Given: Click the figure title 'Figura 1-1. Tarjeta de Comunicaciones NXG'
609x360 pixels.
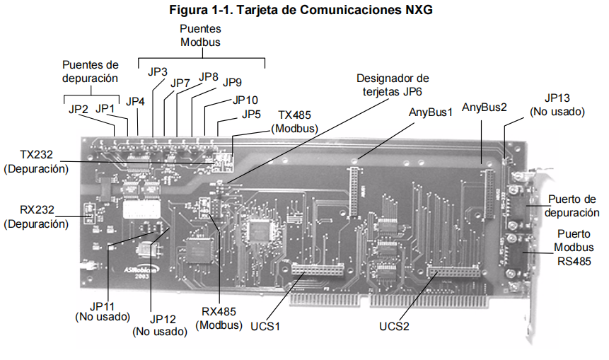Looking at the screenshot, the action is tap(301, 9).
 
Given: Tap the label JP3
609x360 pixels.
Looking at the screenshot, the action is tap(157, 72).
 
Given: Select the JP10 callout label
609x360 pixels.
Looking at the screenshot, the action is tap(245, 100).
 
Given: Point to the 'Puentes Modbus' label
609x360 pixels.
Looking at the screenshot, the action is tap(200, 35).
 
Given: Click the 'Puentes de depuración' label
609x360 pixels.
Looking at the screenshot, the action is tap(90, 71).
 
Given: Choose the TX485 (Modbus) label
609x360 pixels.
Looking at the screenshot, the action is tap(294, 122).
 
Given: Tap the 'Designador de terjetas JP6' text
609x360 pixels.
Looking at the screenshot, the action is tap(393, 85).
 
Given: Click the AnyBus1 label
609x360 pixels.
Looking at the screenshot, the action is tap(431, 112).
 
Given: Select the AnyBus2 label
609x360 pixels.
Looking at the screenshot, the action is tap(485, 108).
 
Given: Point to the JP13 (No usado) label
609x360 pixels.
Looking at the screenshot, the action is tap(557, 105).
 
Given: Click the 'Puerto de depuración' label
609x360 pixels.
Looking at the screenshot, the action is tap(572, 206).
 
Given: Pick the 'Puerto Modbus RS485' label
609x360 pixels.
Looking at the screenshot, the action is tap(574, 248).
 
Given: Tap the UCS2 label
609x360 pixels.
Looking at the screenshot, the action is tap(394, 326).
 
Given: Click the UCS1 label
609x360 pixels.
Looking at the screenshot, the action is tap(265, 326).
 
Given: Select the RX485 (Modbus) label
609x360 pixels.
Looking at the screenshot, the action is tap(219, 318).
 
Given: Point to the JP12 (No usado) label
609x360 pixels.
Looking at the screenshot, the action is tap(160, 325).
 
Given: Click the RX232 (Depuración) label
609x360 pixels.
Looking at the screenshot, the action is tap(37, 216).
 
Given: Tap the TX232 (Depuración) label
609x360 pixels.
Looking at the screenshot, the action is tap(37, 161).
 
